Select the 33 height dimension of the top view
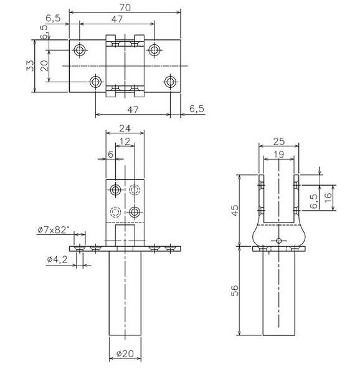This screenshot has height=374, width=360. pos(29,67)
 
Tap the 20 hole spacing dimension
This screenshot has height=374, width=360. pos(44,65)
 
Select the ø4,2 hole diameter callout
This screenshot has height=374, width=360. pos(58,259)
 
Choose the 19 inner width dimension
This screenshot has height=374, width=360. pos(279,155)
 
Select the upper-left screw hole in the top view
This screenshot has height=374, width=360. pos(80,49)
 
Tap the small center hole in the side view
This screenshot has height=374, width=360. pos(278,241)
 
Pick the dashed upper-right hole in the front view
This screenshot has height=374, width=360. pos(135,189)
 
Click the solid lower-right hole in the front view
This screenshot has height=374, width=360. pos(135,213)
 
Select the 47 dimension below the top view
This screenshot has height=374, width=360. pos(131,110)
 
